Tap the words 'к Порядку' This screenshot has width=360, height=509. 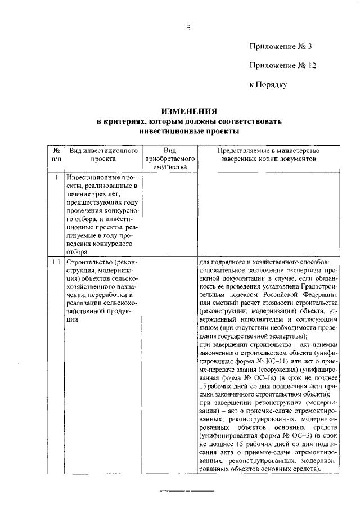268,85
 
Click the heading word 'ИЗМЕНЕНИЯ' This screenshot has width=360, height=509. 188,111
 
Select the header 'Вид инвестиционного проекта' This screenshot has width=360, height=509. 103,155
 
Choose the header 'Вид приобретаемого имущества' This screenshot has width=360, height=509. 170,159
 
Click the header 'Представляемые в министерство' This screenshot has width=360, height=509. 269,151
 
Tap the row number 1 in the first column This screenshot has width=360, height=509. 57,178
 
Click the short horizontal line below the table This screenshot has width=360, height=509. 187,491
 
